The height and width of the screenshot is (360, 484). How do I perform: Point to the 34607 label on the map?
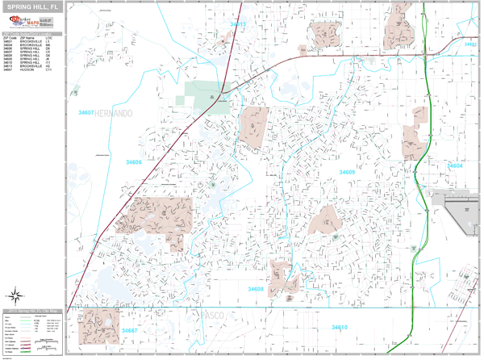pos(86,113)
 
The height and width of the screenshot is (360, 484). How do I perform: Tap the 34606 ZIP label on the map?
pos(133,162)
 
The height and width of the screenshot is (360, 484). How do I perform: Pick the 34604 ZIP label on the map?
pos(455,165)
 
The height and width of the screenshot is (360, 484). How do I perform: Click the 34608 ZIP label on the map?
pos(256,288)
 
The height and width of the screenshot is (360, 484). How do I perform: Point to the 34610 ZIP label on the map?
pos(340,327)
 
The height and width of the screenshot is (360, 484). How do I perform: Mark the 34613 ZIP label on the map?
pos(238,24)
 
